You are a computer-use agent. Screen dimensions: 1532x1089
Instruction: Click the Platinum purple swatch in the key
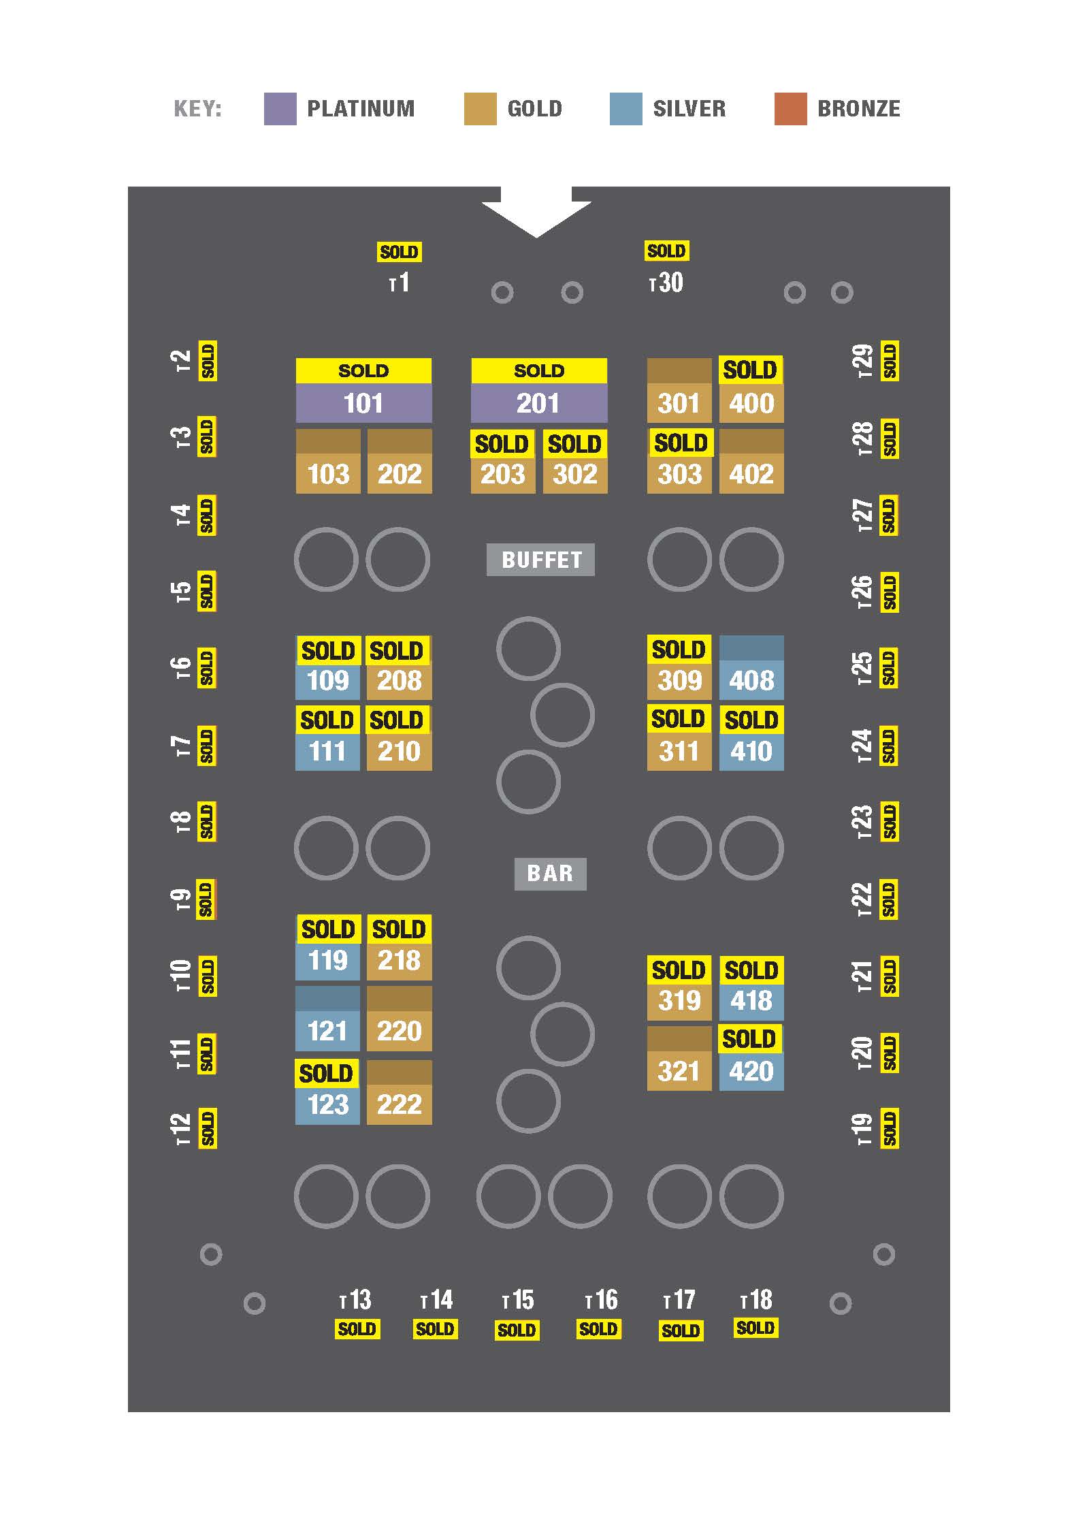pyautogui.click(x=280, y=109)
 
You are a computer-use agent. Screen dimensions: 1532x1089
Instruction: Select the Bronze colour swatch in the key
pyautogui.click(x=790, y=109)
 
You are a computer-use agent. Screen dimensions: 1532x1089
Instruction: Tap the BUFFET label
pyautogui.click(x=540, y=560)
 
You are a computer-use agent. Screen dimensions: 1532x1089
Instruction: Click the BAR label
pyautogui.click(x=550, y=874)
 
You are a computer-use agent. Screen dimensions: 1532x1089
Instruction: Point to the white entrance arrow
pyautogui.click(x=536, y=213)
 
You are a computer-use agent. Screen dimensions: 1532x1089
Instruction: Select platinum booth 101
pyautogui.click(x=363, y=403)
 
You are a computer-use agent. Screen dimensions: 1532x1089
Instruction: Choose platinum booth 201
pyautogui.click(x=539, y=403)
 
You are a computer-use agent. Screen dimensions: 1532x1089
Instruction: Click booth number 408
pyautogui.click(x=751, y=680)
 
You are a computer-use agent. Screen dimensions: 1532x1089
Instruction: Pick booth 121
pyautogui.click(x=327, y=1030)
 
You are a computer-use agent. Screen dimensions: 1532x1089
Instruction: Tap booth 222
pyautogui.click(x=400, y=1104)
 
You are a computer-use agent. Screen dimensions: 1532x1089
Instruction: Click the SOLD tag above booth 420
pyautogui.click(x=749, y=1039)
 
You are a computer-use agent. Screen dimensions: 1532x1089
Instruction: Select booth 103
pyautogui.click(x=328, y=473)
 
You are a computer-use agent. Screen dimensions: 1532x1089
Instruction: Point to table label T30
pyautogui.click(x=666, y=283)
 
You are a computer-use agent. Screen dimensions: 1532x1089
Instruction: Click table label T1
pyautogui.click(x=400, y=283)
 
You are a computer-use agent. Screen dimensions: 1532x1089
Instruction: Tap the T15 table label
pyautogui.click(x=518, y=1300)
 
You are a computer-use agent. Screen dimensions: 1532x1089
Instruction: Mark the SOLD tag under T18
pyautogui.click(x=755, y=1328)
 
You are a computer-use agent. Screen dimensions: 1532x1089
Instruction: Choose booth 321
pyautogui.click(x=679, y=1071)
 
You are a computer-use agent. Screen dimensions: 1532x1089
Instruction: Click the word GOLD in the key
pyautogui.click(x=535, y=109)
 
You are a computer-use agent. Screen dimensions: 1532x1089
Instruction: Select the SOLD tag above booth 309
pyautogui.click(x=679, y=650)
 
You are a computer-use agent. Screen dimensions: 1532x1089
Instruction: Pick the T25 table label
pyautogui.click(x=862, y=668)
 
